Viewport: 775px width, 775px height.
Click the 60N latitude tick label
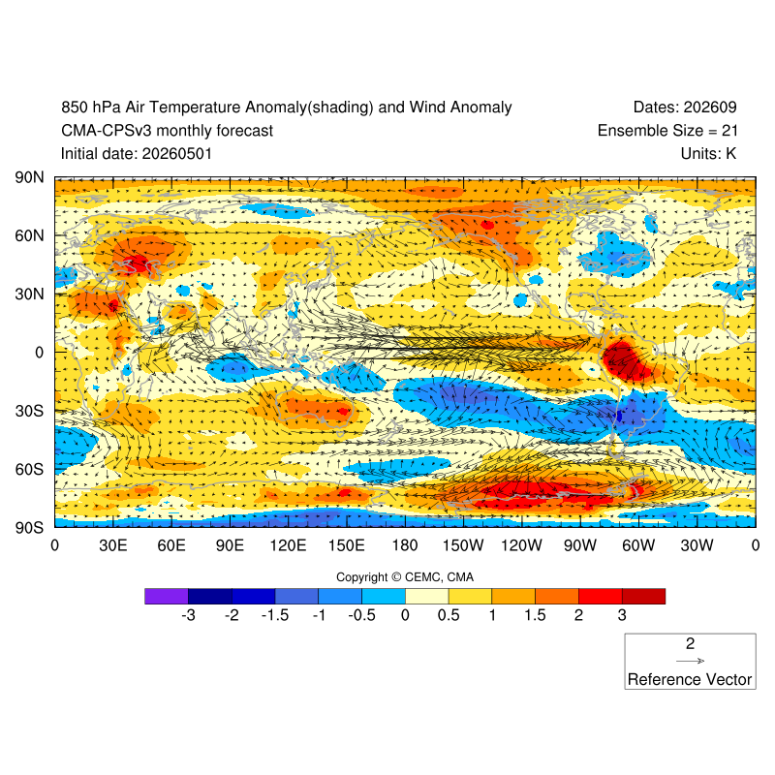[x=29, y=235]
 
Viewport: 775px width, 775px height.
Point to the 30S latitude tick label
[x=29, y=411]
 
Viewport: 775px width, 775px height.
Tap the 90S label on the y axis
[x=29, y=527]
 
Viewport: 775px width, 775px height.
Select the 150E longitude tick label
[x=347, y=545]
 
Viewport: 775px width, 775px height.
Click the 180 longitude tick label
[x=405, y=545]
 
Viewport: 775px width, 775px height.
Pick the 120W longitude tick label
[x=521, y=545]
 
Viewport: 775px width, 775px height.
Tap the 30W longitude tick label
[x=697, y=545]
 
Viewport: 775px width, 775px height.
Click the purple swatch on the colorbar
[x=167, y=596]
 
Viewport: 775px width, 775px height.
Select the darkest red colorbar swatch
[x=643, y=596]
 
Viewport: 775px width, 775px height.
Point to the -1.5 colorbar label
[x=275, y=615]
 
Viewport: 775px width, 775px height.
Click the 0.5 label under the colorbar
[x=449, y=615]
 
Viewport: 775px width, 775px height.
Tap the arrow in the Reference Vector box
[x=690, y=661]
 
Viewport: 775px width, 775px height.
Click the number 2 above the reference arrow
[x=690, y=643]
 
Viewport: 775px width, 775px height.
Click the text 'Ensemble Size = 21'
[x=667, y=131]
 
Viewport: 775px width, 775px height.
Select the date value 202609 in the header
[x=710, y=108]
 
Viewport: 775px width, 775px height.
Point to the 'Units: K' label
[x=708, y=154]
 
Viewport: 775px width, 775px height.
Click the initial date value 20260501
[x=177, y=154]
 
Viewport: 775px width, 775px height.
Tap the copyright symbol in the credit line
[x=396, y=577]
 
